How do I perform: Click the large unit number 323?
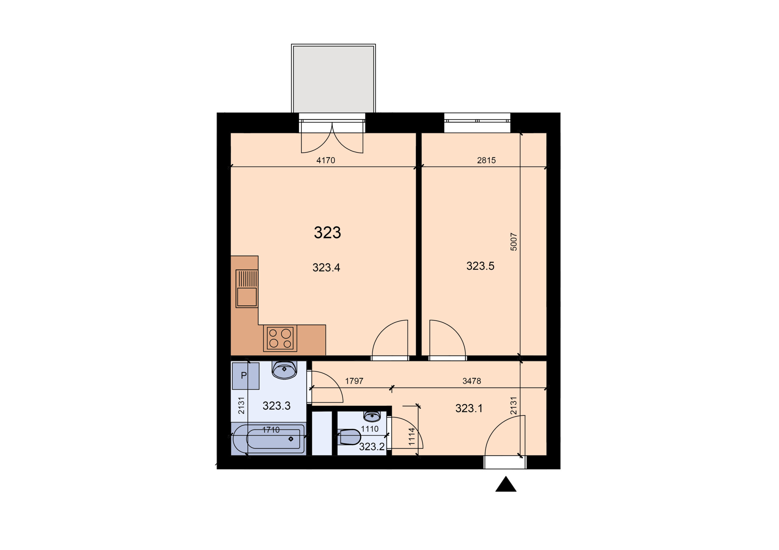327,232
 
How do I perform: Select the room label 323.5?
480,266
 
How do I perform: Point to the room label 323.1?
469,408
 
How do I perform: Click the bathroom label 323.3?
277,406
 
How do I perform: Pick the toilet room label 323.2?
372,447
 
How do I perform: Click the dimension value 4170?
326,160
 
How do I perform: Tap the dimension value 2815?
486,160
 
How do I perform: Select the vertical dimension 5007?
514,242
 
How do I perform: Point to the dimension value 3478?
472,381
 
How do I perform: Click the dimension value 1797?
354,381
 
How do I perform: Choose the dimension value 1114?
411,437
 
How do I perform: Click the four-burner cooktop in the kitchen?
280,338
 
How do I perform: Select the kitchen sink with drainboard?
247,289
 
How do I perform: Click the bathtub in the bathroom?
269,438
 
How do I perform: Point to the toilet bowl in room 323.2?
349,437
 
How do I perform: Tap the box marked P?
246,376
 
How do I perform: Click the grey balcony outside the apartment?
333,79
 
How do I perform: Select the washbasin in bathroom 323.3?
284,370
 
